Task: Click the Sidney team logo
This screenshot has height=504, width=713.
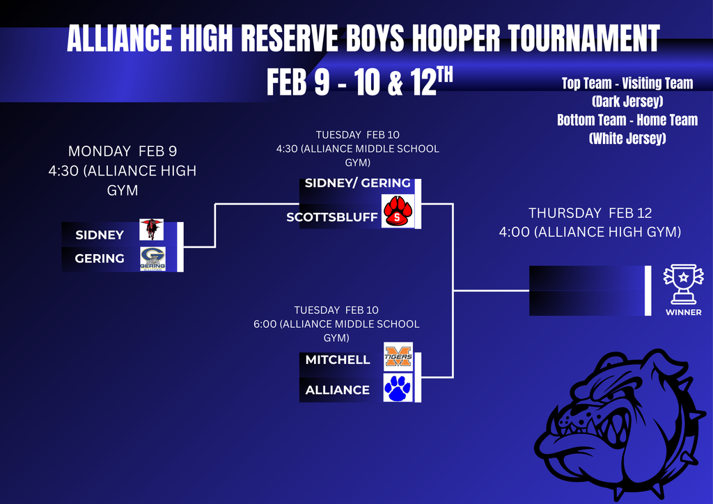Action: (x=151, y=229)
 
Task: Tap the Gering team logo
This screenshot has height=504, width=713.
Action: (x=152, y=258)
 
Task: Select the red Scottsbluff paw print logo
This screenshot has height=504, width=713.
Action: (x=398, y=212)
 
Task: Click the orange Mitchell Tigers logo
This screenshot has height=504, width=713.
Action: (x=398, y=357)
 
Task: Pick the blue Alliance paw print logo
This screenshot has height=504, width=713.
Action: (x=398, y=388)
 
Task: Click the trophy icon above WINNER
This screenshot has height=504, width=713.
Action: (x=683, y=283)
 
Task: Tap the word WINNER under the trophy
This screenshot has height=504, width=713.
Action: (x=683, y=313)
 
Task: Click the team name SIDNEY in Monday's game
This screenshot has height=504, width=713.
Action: (x=100, y=235)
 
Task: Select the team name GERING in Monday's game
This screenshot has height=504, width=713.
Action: (x=100, y=259)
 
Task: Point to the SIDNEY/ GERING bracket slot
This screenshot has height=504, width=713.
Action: (x=357, y=184)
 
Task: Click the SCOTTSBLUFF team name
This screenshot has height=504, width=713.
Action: (x=332, y=218)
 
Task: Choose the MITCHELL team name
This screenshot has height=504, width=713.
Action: (x=338, y=360)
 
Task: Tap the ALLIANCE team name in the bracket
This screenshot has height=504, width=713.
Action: (x=338, y=390)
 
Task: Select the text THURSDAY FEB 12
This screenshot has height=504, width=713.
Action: (x=590, y=213)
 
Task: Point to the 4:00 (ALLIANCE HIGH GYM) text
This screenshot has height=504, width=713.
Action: (x=590, y=232)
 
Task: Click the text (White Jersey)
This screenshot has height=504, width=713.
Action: (x=627, y=139)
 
